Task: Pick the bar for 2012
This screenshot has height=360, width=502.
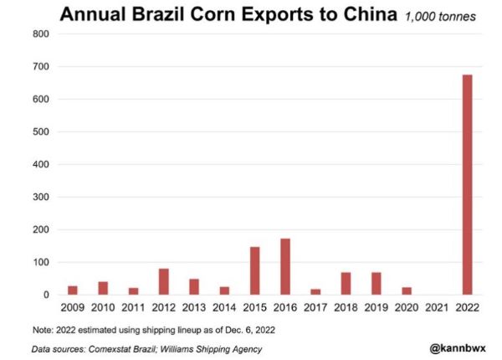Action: [x=164, y=282]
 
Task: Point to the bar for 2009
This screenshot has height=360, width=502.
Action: [x=73, y=291]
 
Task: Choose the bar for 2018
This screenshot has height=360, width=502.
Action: [x=346, y=284]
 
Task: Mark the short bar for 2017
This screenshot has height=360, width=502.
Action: [x=315, y=292]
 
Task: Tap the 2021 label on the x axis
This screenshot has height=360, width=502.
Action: [x=436, y=308]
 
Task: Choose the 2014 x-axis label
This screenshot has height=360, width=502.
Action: [x=224, y=308]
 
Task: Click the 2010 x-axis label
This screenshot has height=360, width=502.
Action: [x=103, y=308]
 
